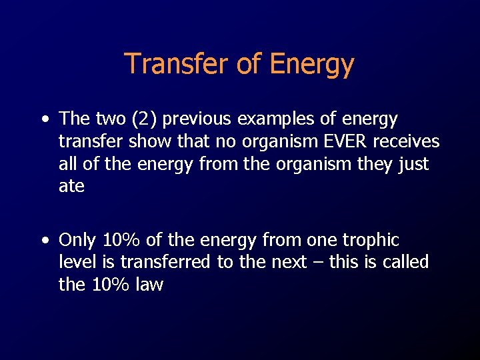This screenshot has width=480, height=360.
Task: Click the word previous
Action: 195,119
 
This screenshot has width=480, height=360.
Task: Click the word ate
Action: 71,187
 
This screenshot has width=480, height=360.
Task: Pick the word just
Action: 413,164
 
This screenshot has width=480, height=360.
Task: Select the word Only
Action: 78,239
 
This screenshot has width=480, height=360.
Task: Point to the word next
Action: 287,262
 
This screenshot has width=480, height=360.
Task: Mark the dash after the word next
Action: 317,262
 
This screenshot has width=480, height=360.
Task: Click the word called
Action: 405,262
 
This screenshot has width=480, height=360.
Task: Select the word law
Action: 147,285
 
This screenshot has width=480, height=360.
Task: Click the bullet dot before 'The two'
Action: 43,121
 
